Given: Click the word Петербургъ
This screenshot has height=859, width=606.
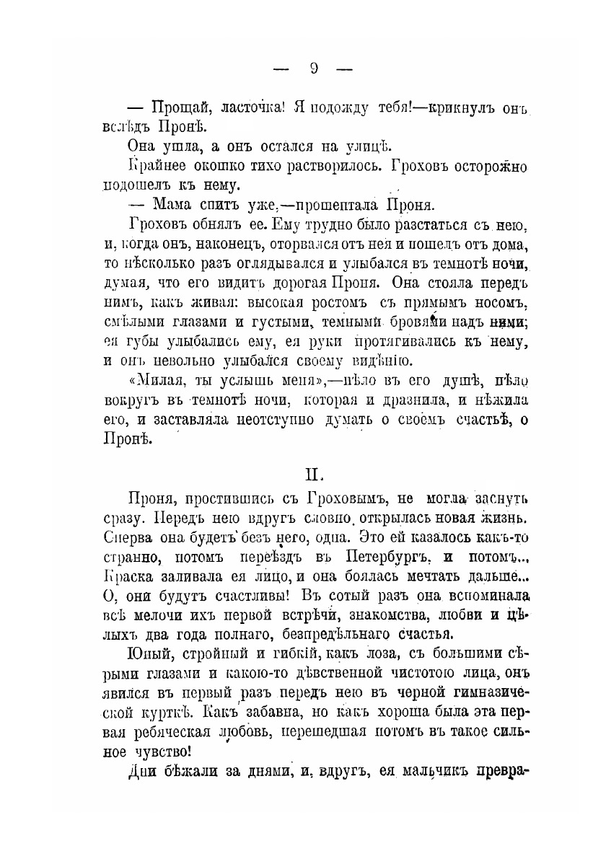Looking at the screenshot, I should coord(390,558).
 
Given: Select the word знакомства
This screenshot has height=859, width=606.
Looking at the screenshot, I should coord(394,616).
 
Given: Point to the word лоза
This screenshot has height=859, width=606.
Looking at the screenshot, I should coord(372,655).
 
